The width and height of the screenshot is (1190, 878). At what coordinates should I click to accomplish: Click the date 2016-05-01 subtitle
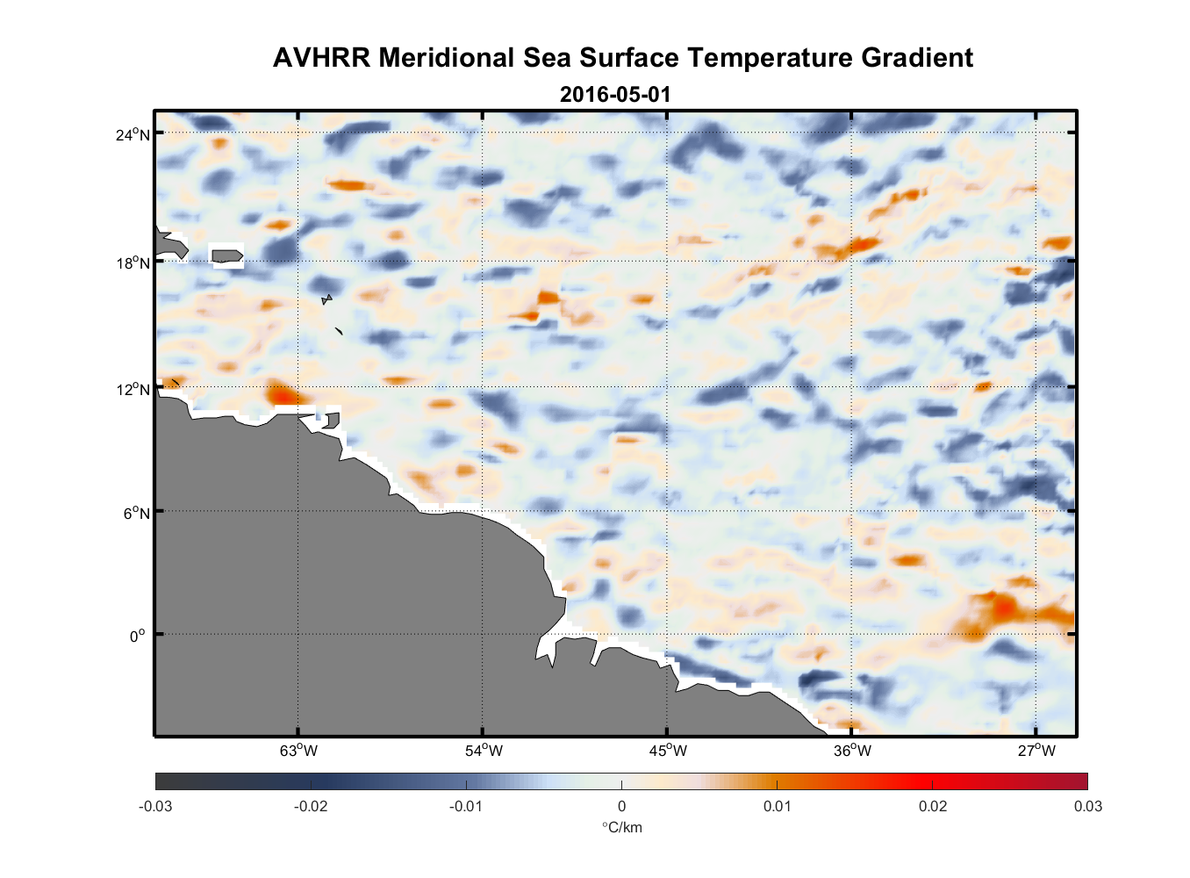[x=615, y=94]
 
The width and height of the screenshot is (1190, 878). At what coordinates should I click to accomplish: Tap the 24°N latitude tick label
[x=133, y=134]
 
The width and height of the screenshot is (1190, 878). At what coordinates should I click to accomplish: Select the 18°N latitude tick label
[x=133, y=263]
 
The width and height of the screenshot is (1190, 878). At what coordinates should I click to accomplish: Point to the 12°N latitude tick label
[x=133, y=389]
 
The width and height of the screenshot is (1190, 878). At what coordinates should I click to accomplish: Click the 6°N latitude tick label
[x=136, y=513]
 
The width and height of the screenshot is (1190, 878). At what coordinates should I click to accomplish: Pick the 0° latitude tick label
[x=138, y=637]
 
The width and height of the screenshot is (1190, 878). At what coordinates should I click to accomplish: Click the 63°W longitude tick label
[x=298, y=751]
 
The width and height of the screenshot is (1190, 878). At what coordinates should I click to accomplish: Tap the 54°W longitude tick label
[x=484, y=751]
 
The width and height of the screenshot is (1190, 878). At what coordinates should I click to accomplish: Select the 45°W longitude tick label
[x=668, y=751]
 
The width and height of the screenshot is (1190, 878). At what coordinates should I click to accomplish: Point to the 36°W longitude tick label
[x=852, y=751]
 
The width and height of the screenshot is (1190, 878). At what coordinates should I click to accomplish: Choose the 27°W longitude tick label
[x=1036, y=751]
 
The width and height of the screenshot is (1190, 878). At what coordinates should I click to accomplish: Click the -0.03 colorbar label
[x=155, y=806]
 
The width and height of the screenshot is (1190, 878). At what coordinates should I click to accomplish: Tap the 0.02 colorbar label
[x=933, y=806]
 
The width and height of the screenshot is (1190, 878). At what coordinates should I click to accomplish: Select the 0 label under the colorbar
[x=621, y=806]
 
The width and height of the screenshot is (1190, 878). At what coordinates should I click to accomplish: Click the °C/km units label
[x=621, y=827]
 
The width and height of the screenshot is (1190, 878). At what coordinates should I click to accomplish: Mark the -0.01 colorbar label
[x=466, y=806]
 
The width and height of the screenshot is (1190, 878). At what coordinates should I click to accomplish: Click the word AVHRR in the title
[x=321, y=58]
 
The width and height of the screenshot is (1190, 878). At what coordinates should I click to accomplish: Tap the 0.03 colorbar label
[x=1087, y=806]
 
